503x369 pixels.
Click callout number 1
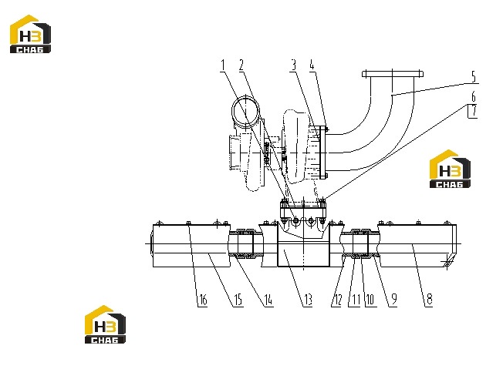click(x=223, y=65)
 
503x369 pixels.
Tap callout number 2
click(x=241, y=65)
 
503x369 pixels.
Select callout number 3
click(x=293, y=65)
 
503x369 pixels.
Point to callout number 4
click(x=312, y=65)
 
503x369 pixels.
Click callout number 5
click(x=474, y=77)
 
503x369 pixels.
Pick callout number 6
click(x=474, y=97)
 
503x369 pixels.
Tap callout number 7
click(x=474, y=111)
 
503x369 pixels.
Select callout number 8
click(x=429, y=300)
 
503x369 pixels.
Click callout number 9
click(x=394, y=300)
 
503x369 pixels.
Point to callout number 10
click(x=370, y=300)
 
